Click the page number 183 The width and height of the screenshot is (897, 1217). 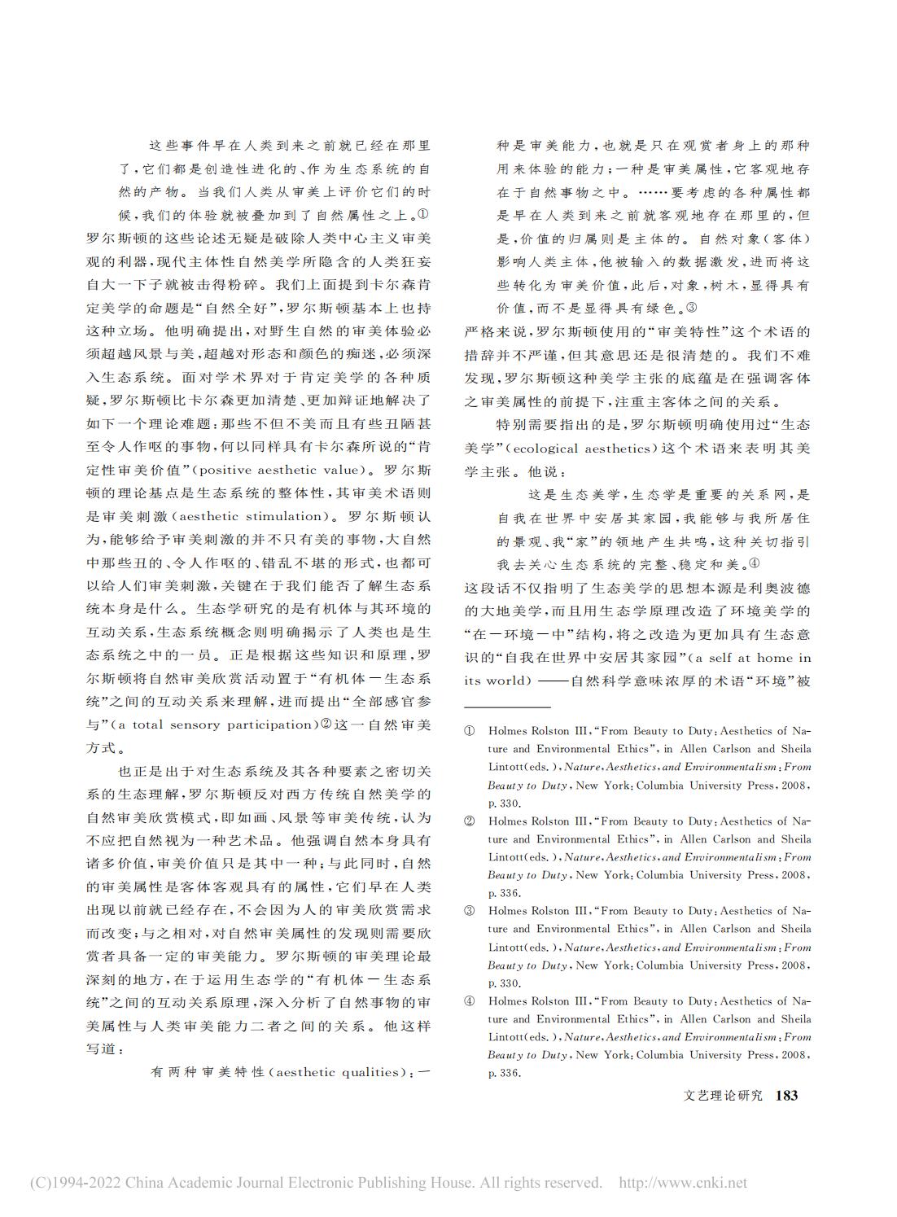click(x=787, y=1096)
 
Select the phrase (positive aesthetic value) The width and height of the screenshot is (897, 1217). click(x=278, y=469)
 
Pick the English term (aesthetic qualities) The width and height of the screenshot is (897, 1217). click(x=341, y=1072)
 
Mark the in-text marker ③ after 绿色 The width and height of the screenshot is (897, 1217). click(x=691, y=309)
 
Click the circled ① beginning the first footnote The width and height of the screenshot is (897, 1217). click(x=470, y=731)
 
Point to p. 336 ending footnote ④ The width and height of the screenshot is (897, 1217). click(x=504, y=1073)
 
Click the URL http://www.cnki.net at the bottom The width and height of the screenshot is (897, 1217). click(x=683, y=1183)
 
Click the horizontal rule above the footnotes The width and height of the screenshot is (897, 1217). click(x=507, y=707)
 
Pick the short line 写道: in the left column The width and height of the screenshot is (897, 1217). click(x=103, y=1049)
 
